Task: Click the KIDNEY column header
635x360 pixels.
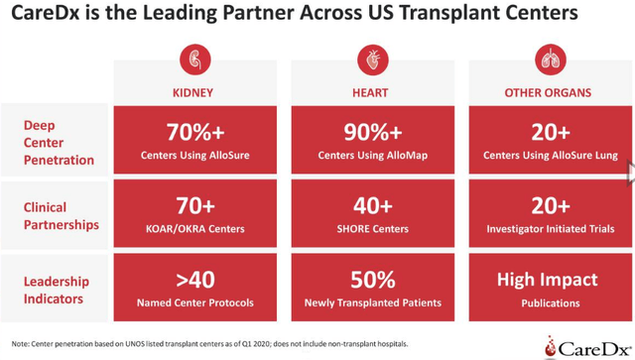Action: click(x=193, y=92)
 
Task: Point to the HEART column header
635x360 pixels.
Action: click(x=371, y=92)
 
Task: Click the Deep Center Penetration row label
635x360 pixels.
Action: click(x=59, y=142)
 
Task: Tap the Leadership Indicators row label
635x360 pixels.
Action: click(x=59, y=290)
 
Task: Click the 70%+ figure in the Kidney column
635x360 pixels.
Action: click(x=193, y=133)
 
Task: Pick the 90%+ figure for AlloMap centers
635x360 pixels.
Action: click(x=371, y=133)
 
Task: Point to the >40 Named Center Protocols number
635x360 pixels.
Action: click(x=193, y=280)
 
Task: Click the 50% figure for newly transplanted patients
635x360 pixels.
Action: click(x=371, y=280)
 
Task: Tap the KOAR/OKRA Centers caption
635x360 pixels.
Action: click(x=193, y=229)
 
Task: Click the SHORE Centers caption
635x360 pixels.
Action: click(x=371, y=229)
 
